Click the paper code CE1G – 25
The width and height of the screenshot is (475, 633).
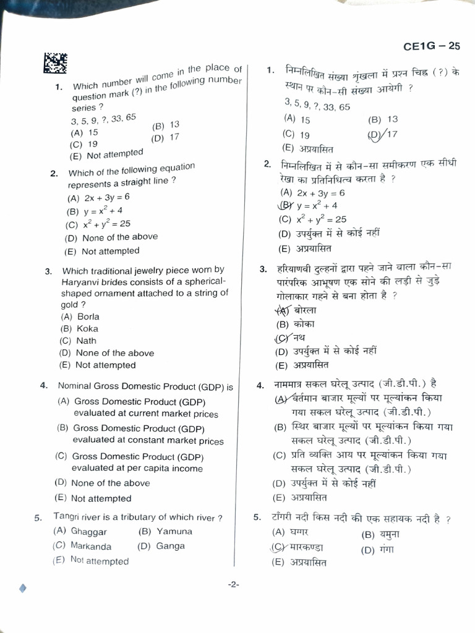click(432, 46)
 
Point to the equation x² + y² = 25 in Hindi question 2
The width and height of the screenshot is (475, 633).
click(321, 219)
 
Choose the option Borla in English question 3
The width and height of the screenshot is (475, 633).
click(88, 316)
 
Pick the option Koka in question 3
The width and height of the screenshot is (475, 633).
click(87, 329)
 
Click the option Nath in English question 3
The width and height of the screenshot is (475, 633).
click(86, 341)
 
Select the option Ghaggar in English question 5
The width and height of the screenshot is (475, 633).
click(88, 532)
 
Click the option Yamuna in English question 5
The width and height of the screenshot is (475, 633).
click(174, 531)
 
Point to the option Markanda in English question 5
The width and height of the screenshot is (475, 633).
click(91, 546)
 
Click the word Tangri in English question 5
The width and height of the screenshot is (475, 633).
click(67, 516)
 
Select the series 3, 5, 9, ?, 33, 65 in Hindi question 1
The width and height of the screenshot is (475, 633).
click(317, 106)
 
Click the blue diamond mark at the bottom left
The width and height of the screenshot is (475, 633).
click(23, 588)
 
